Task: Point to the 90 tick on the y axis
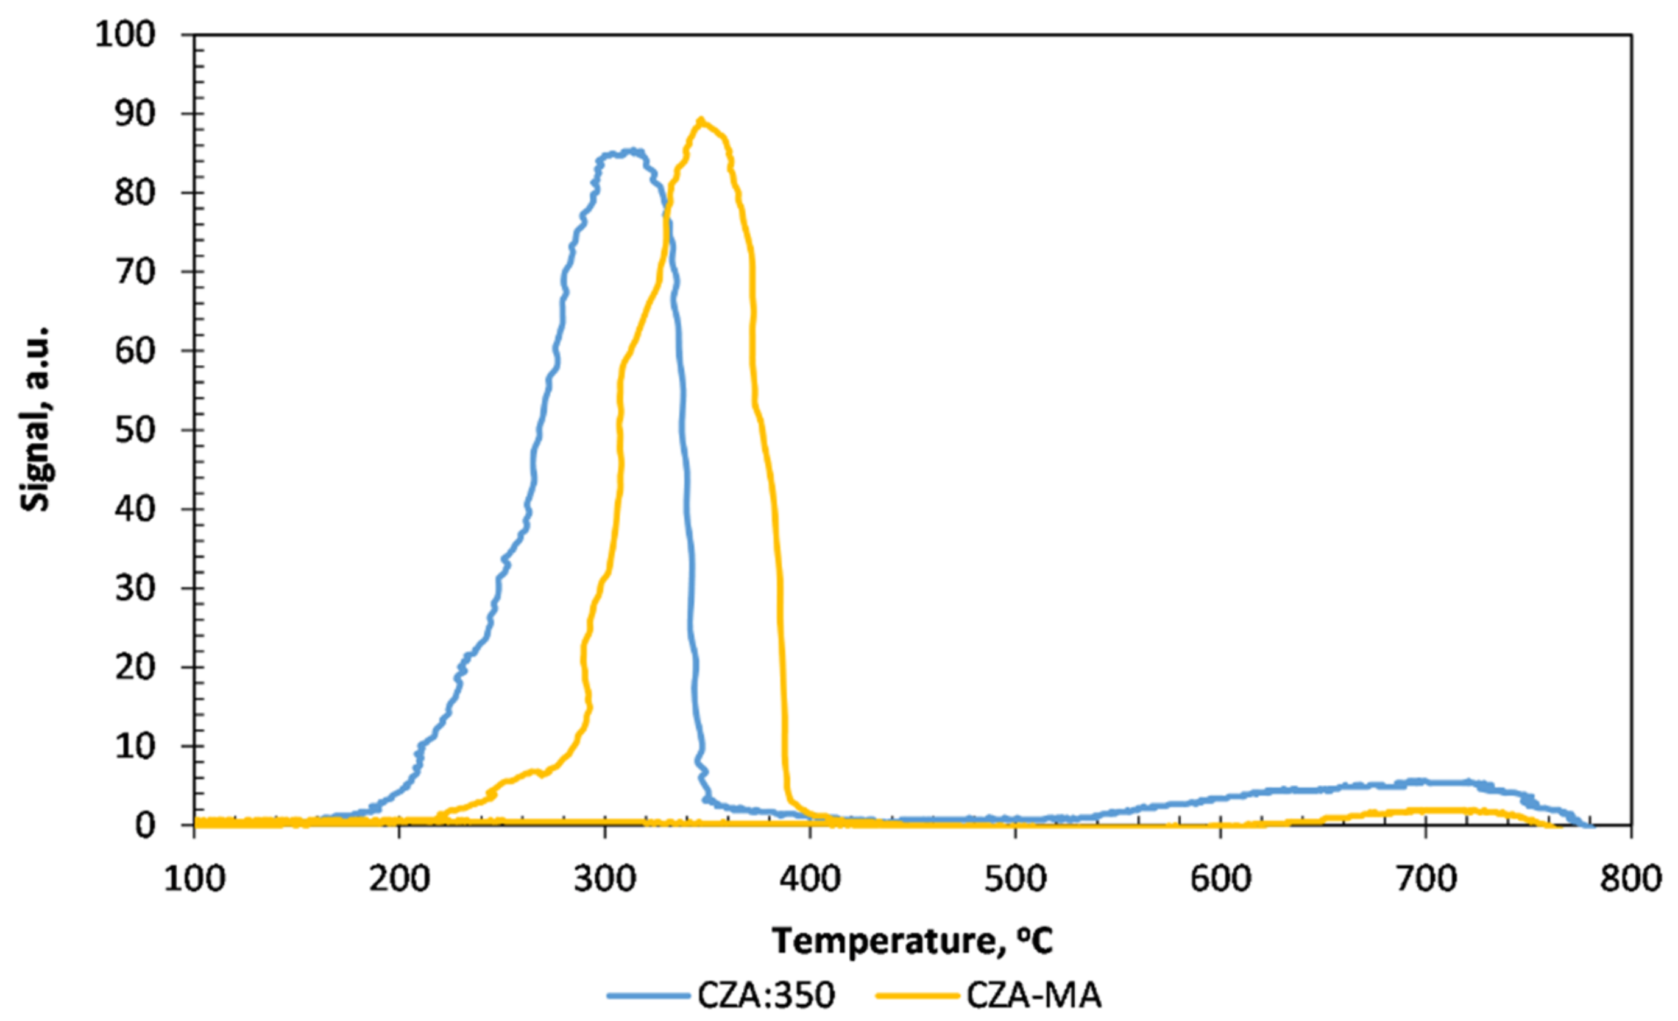[135, 114]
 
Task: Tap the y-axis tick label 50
[135, 430]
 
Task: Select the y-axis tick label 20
[135, 667]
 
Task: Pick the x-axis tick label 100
[194, 879]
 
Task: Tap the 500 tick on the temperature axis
[1014, 879]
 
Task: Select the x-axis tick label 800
[1630, 879]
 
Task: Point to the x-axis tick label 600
[1220, 879]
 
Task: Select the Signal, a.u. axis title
[35, 419]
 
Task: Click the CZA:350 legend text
[765, 996]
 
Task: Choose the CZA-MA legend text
[1034, 996]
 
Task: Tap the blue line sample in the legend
[648, 996]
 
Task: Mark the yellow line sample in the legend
[918, 996]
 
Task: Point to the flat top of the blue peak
[621, 153]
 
